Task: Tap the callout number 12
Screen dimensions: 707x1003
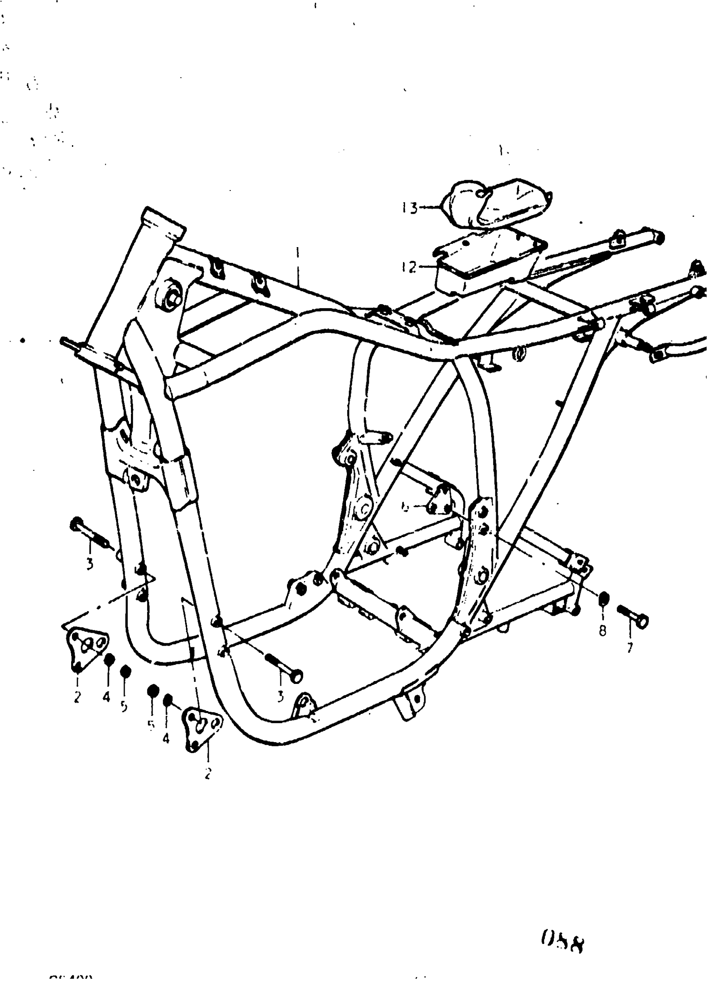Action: click(x=409, y=267)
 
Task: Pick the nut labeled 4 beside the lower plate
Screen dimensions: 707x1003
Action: click(x=167, y=700)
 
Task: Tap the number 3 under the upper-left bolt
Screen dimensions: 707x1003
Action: click(x=89, y=564)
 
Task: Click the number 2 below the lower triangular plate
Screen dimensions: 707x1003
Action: click(x=208, y=774)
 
